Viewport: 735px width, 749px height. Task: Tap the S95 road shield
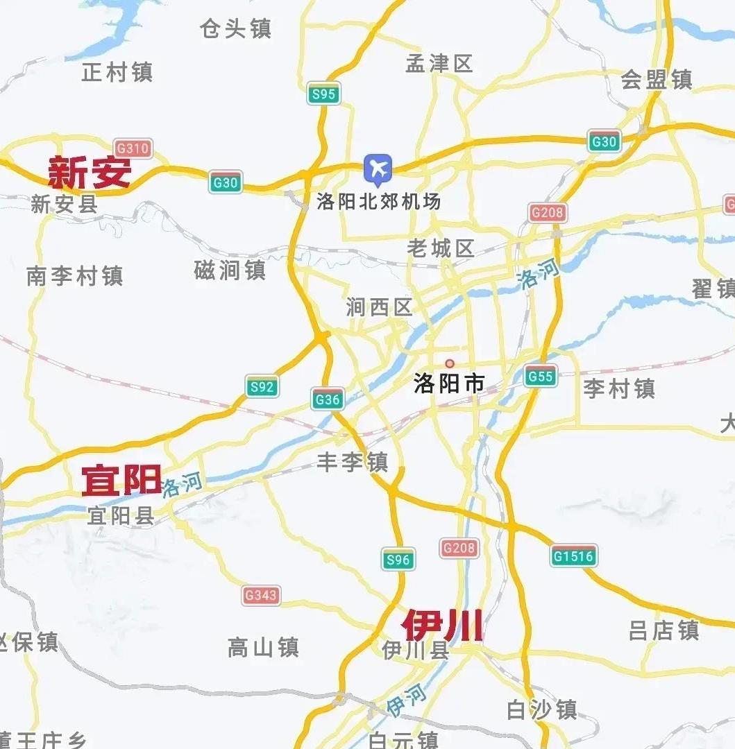(x=323, y=94)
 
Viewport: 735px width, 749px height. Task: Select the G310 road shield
(x=133, y=148)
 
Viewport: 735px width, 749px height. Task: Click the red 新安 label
(x=90, y=173)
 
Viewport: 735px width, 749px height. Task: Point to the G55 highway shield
(x=540, y=377)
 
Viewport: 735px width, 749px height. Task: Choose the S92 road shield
(x=262, y=387)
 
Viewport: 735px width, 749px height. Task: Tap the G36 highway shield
(x=327, y=399)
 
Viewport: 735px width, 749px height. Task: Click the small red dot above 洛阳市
(x=449, y=363)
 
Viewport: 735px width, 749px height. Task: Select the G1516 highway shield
(x=574, y=556)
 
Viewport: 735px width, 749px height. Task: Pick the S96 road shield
(x=398, y=559)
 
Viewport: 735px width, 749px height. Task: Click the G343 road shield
(x=261, y=595)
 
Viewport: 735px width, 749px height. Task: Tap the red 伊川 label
(x=442, y=626)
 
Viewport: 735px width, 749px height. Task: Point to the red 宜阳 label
(x=121, y=480)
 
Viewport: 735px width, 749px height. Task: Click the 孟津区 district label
(x=439, y=64)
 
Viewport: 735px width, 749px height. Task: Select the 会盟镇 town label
(x=656, y=79)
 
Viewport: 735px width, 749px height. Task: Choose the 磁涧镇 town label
(x=230, y=270)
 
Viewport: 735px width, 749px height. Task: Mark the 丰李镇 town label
(x=353, y=462)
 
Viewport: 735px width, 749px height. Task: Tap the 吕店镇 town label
(x=664, y=630)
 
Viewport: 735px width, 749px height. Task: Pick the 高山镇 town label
(x=263, y=648)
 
